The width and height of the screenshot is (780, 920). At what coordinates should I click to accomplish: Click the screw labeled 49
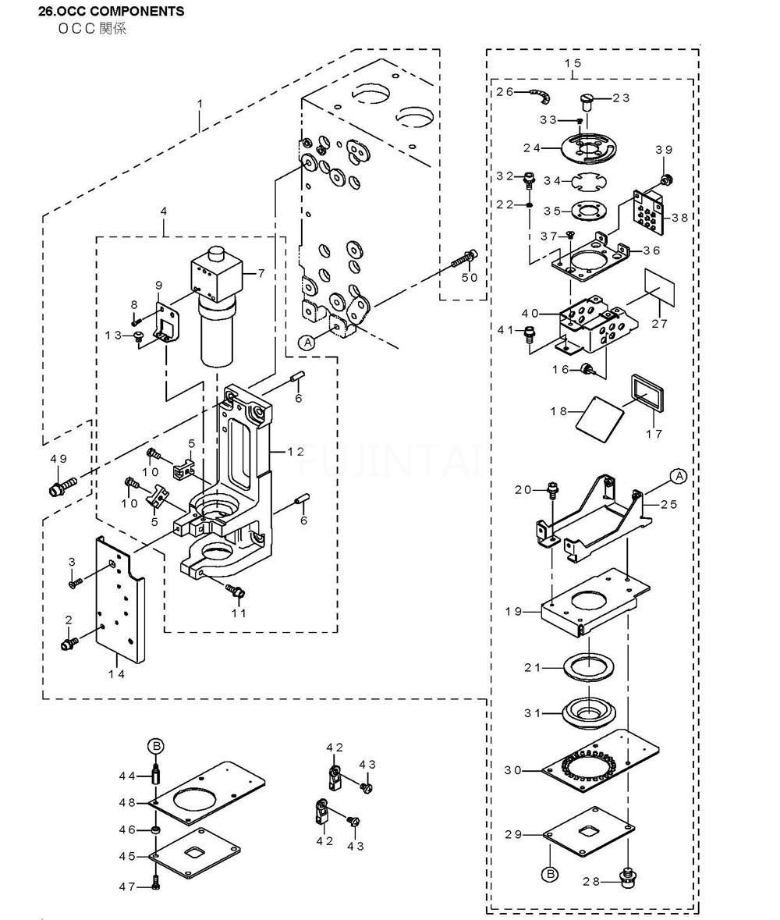point(62,486)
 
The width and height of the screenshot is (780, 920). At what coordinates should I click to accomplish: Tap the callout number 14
point(117,674)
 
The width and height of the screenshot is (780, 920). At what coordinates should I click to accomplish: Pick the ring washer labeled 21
point(587,667)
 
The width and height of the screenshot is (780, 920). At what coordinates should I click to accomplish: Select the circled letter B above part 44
point(156,746)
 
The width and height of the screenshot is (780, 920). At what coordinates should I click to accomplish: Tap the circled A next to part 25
point(679,476)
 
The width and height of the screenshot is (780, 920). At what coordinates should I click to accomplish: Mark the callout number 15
point(573,62)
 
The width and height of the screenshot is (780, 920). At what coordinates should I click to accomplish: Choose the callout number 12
point(296,451)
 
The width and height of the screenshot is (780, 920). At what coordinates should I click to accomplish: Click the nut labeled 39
point(665,178)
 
